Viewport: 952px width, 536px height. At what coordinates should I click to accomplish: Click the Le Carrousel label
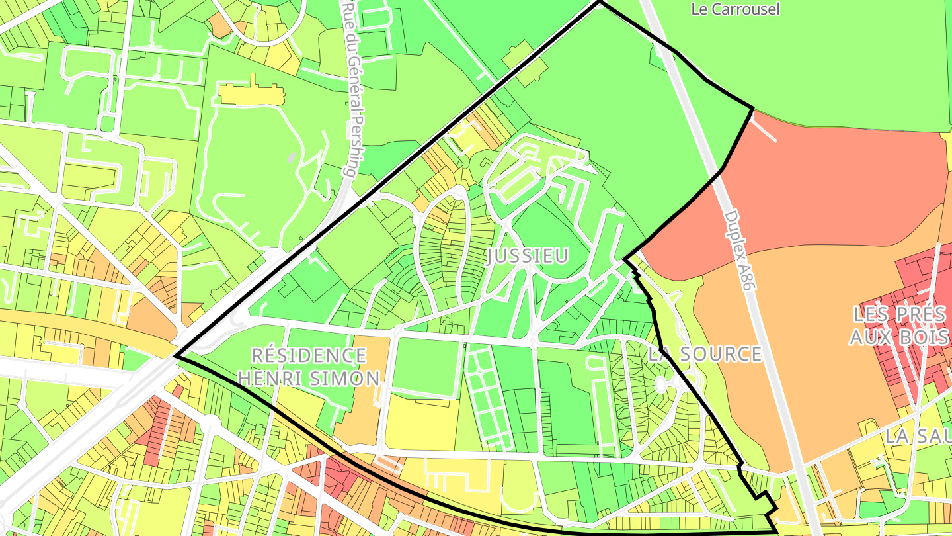(x=735, y=9)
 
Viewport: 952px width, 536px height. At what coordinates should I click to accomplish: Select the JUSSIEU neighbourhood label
(x=527, y=256)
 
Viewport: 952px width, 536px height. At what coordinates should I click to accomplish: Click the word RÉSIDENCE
(x=309, y=355)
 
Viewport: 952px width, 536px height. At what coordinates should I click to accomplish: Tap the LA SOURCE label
(x=705, y=354)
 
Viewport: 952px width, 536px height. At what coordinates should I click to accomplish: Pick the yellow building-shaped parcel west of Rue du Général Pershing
(x=251, y=95)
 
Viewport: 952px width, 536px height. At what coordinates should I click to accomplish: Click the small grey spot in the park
(x=292, y=157)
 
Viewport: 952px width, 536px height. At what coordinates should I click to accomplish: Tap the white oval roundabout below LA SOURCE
(x=660, y=384)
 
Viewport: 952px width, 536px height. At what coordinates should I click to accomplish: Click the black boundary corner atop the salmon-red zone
(x=753, y=107)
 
